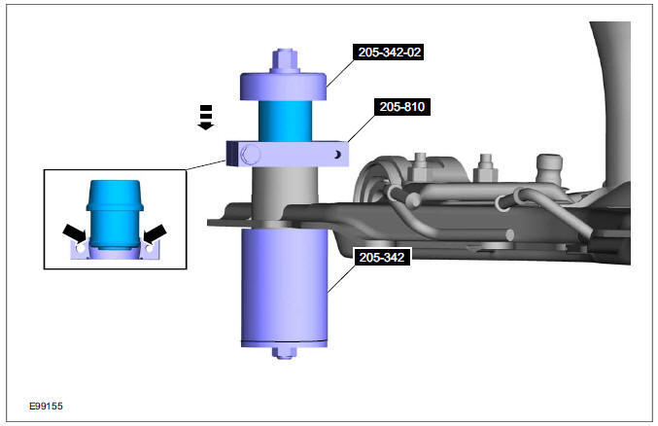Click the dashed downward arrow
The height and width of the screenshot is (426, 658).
point(204,118)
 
